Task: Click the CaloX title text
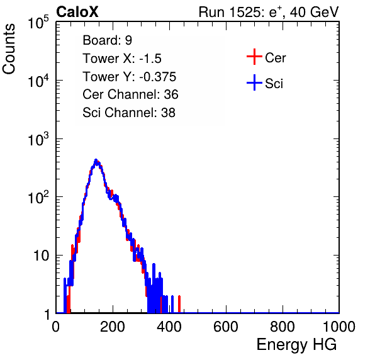[x=77, y=12]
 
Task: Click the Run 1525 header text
[x=269, y=12]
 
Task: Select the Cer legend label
[x=276, y=58]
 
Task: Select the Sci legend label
[x=274, y=84]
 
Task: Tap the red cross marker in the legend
[x=254, y=57]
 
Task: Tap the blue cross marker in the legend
[x=254, y=82]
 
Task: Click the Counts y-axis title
[x=9, y=49]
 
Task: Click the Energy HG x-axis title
[x=296, y=345]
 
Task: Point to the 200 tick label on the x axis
[x=113, y=327]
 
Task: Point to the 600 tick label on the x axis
[x=226, y=327]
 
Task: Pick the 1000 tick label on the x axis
[x=339, y=327]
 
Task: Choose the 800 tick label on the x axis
[x=283, y=327]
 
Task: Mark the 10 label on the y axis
[x=41, y=256]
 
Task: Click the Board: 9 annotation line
[x=107, y=40]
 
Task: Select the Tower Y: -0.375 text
[x=130, y=77]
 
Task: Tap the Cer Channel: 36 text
[x=130, y=94]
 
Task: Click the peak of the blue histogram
[x=96, y=160]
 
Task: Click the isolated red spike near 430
[x=179, y=304]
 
